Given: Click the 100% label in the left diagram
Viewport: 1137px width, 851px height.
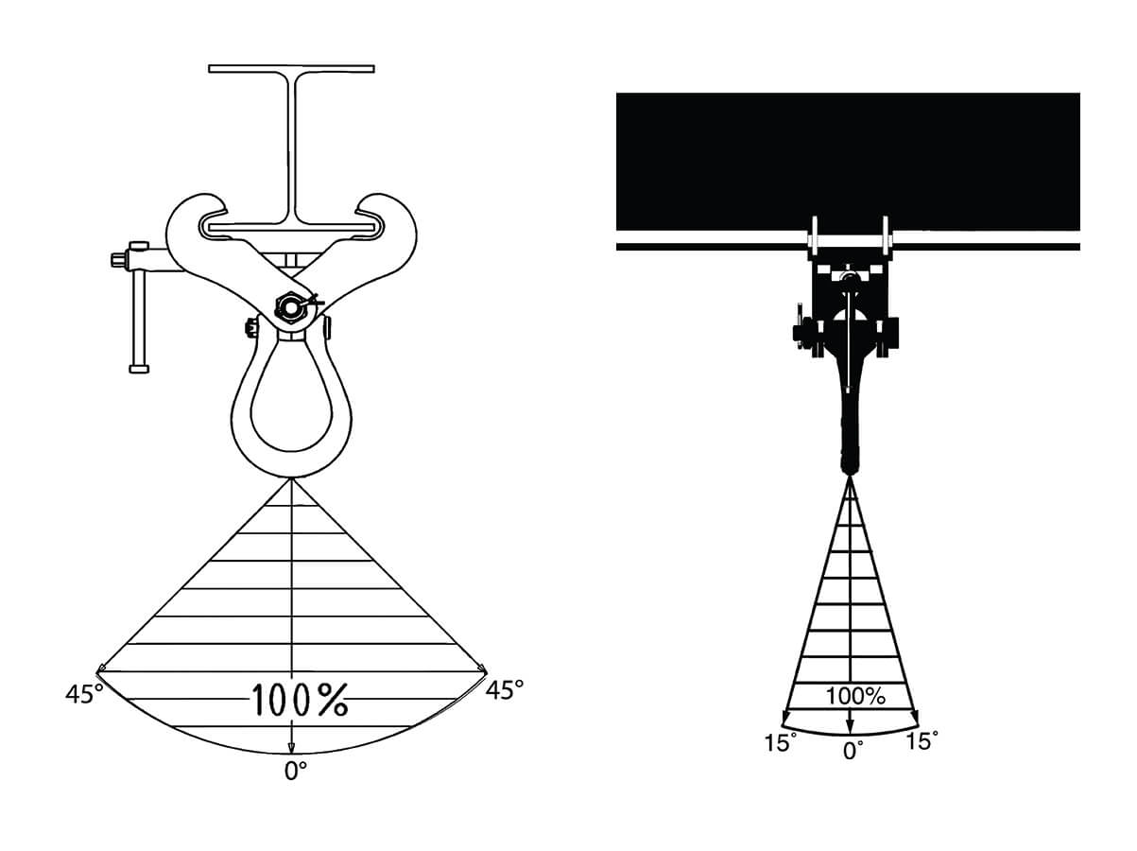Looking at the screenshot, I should pyautogui.click(x=299, y=700).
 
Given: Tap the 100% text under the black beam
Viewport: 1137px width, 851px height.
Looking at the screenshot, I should pyautogui.click(x=855, y=696).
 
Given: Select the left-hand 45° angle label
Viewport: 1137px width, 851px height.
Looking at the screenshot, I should pyautogui.click(x=84, y=694).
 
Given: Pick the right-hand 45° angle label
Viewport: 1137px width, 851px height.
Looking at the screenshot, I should pyautogui.click(x=504, y=690).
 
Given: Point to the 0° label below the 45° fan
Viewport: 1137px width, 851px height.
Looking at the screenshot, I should pyautogui.click(x=296, y=771).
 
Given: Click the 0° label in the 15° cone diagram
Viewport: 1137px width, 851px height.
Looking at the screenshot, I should pyautogui.click(x=853, y=751).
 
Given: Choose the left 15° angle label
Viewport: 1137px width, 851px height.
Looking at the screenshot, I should pyautogui.click(x=781, y=742).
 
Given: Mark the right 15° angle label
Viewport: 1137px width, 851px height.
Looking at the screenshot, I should pyautogui.click(x=922, y=741).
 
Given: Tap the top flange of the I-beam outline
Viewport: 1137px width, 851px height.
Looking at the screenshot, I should pyautogui.click(x=291, y=69).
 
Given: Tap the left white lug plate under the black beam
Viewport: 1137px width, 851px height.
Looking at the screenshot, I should pyautogui.click(x=813, y=236).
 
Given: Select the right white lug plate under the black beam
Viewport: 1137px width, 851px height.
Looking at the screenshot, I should pyautogui.click(x=886, y=236).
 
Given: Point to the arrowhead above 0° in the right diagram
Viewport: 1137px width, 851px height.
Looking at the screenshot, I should pyautogui.click(x=850, y=725).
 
